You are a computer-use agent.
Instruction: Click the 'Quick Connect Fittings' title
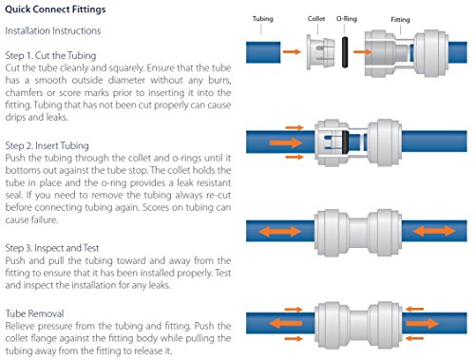(x=55, y=9)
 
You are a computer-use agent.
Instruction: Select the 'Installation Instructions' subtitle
(x=53, y=30)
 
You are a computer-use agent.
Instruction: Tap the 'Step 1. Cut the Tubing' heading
(x=50, y=55)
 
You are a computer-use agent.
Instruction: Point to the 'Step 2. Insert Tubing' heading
(x=47, y=145)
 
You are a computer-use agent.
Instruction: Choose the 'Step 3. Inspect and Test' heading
(x=52, y=248)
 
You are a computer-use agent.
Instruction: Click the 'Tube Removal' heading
(x=34, y=313)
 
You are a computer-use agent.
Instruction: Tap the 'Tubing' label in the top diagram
(x=262, y=19)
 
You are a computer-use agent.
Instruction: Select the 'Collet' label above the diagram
(x=316, y=19)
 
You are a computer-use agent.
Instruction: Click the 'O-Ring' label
(x=347, y=19)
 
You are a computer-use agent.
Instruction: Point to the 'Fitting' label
(x=400, y=19)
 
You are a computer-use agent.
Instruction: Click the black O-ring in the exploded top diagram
(x=345, y=52)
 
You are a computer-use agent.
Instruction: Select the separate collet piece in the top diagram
(x=320, y=52)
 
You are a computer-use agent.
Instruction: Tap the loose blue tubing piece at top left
(x=263, y=52)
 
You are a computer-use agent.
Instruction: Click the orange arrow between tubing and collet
(x=292, y=51)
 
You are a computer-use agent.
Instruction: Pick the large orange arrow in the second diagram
(x=286, y=142)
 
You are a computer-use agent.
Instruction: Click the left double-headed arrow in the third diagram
(x=280, y=231)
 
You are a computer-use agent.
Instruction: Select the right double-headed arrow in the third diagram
(x=434, y=231)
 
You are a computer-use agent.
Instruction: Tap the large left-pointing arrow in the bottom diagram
(x=285, y=323)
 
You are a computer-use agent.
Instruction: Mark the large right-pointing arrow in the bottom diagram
(x=423, y=323)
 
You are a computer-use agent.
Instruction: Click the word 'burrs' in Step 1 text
(x=219, y=80)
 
